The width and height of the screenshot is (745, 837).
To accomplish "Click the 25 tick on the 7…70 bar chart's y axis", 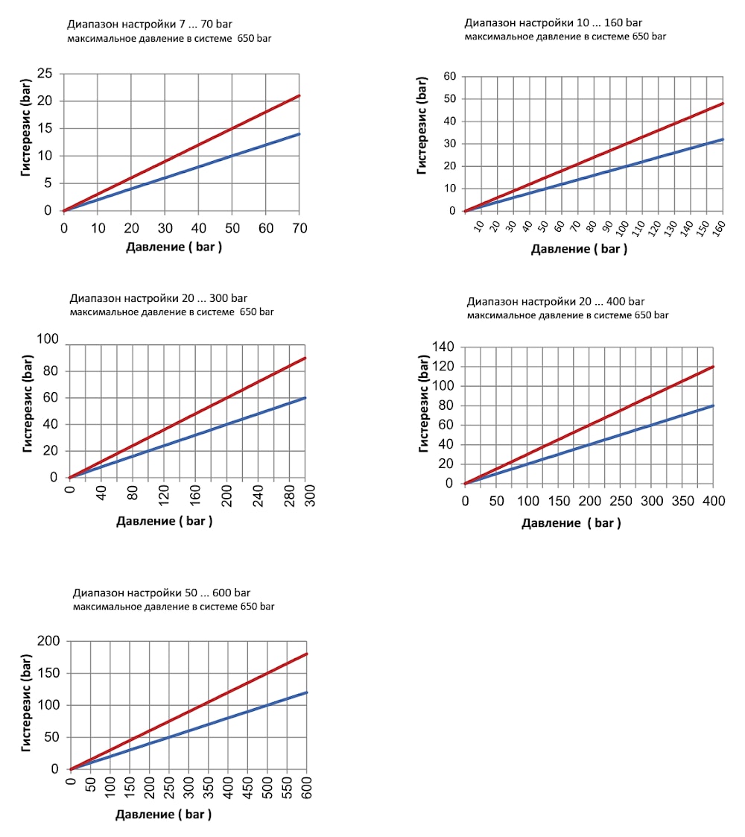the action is click(x=45, y=74).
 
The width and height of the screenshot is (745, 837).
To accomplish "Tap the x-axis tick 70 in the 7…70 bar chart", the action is click(x=299, y=229).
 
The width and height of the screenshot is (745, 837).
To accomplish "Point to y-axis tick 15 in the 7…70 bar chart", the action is click(x=45, y=128).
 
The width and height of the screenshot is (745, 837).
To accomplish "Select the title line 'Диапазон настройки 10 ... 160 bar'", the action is click(x=553, y=23).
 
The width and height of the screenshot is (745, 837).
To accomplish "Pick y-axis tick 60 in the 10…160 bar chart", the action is click(x=450, y=76).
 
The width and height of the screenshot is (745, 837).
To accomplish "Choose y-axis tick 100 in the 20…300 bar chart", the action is click(x=48, y=339).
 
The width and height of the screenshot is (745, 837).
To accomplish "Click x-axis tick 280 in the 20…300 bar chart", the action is click(x=290, y=496).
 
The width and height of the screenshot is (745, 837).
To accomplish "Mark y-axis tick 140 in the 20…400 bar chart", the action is click(x=443, y=347).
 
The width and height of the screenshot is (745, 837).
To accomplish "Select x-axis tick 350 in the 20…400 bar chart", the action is click(x=682, y=502).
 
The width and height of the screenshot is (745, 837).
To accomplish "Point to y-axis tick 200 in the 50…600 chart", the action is click(x=48, y=641).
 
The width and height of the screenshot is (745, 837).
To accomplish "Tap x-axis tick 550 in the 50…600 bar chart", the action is click(x=287, y=787).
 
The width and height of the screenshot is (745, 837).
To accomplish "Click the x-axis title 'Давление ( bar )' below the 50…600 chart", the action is click(x=163, y=815).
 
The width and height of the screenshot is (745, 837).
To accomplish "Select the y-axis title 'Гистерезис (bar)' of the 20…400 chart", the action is click(x=424, y=404).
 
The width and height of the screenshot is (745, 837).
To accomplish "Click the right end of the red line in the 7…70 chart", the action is click(x=299, y=95).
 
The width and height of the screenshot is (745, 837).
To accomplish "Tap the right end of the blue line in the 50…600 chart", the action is click(x=307, y=692).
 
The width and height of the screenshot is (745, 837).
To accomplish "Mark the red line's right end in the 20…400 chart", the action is click(x=714, y=367).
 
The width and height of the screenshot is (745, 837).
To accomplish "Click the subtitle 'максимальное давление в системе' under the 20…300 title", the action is click(x=152, y=312).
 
